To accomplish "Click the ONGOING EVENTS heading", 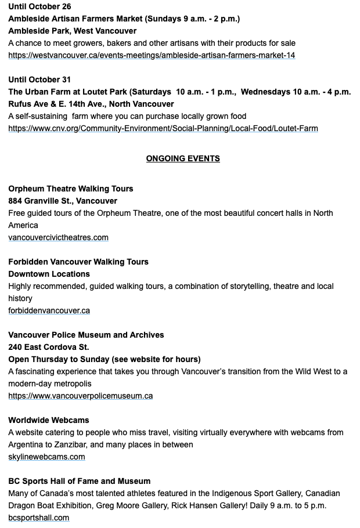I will coord(183,158).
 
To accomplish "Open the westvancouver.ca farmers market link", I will coord(152,55).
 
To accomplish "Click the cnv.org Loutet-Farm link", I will coord(163,128).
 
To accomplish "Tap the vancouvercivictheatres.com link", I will coord(58,237).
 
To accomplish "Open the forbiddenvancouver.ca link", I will coord(49,310).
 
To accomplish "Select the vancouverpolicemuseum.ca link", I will coord(80,396).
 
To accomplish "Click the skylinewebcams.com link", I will coord(46,457).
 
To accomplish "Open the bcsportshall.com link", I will coord(38,518).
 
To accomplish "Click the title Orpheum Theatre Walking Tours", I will coord(70,189).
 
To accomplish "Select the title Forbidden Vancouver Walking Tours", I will coord(78,262).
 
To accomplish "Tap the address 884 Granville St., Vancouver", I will coord(63,201).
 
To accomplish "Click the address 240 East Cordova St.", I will coord(48,347).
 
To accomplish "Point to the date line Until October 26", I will coord(39,6).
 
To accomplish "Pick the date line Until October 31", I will coord(39,79).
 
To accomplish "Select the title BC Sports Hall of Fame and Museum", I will coord(79,481).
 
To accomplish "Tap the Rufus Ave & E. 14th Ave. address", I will coord(91,104).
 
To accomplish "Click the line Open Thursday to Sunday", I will coord(105,359).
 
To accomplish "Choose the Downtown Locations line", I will coord(49,274).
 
